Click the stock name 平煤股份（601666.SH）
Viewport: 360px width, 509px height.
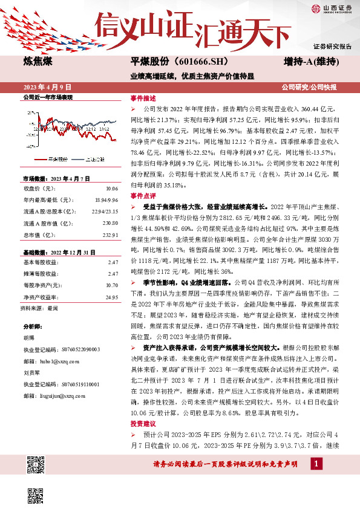tap(169, 62)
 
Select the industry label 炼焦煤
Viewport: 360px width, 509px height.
tap(37, 62)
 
